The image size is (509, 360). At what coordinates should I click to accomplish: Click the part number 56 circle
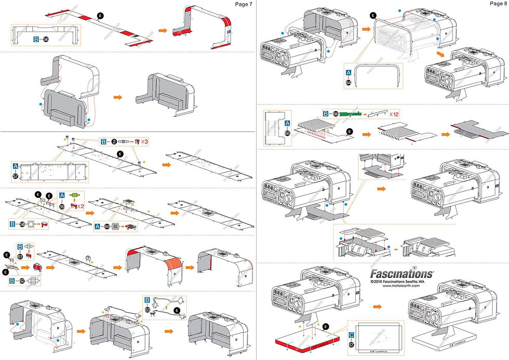[45, 39]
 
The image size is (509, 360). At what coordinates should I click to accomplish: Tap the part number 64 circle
[348, 82]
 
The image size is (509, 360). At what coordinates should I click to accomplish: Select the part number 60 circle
[106, 226]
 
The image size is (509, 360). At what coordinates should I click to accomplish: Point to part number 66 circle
[336, 113]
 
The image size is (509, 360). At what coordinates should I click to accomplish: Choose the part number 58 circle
[22, 224]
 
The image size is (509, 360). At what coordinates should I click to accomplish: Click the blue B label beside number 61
[20, 247]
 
